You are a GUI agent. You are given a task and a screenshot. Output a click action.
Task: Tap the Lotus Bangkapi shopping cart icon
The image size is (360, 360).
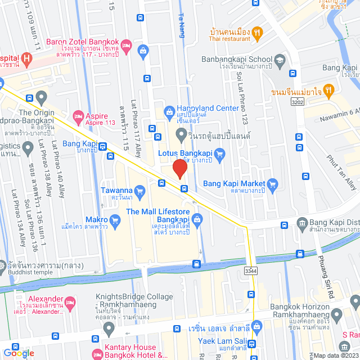[220, 152]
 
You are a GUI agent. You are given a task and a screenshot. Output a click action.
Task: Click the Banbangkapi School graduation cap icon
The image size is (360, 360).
[280, 59]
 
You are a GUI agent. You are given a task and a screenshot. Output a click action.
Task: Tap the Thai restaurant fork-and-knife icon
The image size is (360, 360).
[257, 33]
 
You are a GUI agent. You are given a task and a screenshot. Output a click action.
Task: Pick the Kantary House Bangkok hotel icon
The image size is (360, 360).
[96, 354]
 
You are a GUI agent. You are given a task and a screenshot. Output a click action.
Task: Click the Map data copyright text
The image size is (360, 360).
[335, 355]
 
